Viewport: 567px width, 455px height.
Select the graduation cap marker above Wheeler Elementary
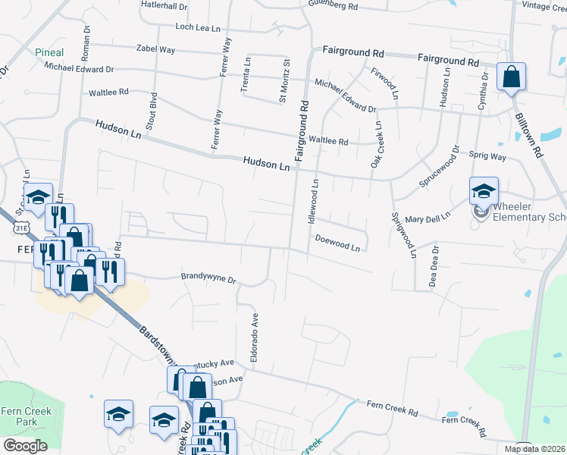pyautogui.click(x=483, y=191)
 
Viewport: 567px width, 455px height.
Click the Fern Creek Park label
pyautogui.click(x=19, y=416)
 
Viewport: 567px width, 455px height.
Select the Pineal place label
pyautogui.click(x=49, y=52)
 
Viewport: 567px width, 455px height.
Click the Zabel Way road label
pyautogui.click(x=155, y=49)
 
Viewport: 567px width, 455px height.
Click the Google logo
pyautogui.click(x=25, y=446)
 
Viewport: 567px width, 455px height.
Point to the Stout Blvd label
pyautogui.click(x=153, y=111)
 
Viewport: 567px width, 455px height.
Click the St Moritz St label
pyautogui.click(x=285, y=80)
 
